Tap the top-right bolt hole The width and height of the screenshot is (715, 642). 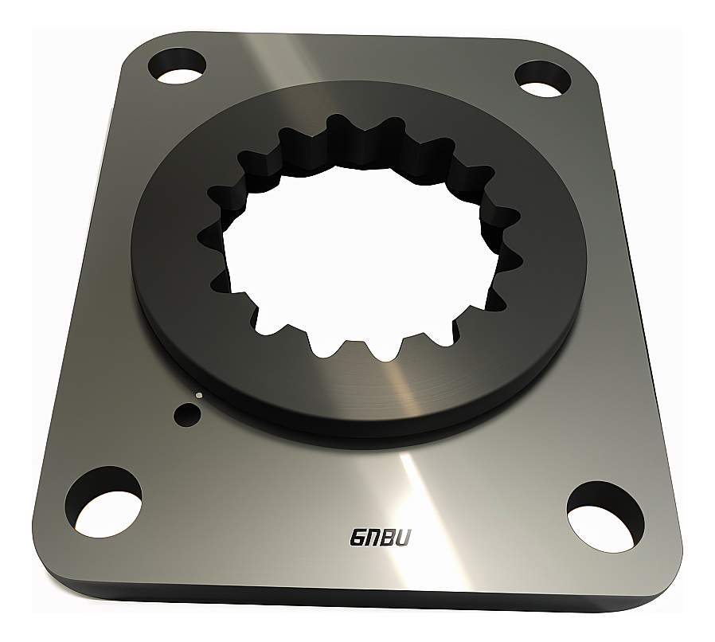point(544,77)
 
